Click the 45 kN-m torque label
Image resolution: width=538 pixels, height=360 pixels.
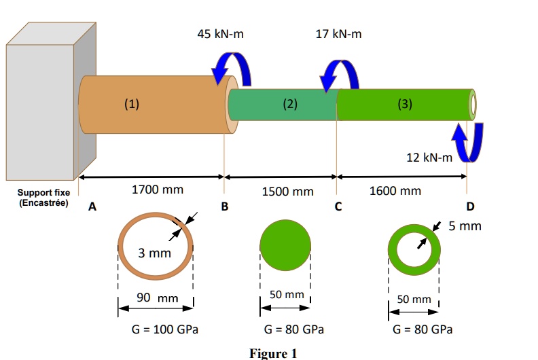pos(220,34)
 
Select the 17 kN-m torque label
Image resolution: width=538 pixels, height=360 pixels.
pos(338,34)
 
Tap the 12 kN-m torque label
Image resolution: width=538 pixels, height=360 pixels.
pos(429,158)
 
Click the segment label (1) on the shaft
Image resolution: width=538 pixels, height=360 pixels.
pos(132,104)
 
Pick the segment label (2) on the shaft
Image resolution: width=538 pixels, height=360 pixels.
pos(290,104)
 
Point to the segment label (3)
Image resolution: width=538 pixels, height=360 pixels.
pos(405,104)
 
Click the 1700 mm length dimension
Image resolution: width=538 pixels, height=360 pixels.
pos(158,190)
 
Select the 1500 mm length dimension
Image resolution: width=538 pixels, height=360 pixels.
pos(287,192)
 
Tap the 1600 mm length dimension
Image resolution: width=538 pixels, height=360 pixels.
pos(395,191)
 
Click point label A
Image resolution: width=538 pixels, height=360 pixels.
pos(92,206)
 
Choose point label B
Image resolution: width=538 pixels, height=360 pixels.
pos(224,206)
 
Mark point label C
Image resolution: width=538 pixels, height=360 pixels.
pos(338,206)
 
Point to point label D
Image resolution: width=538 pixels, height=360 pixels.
pos(470,206)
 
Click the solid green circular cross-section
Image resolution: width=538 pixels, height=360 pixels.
pos(285,245)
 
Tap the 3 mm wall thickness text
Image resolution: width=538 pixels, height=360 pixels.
pos(154,253)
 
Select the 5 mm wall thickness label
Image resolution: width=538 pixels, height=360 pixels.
pos(465,226)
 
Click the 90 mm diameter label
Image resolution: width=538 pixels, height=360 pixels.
pos(158,298)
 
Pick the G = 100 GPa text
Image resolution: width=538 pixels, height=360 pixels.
pos(164,329)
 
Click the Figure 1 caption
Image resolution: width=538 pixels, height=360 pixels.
pos(273,353)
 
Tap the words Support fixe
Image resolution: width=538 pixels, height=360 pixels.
pos(43,192)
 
